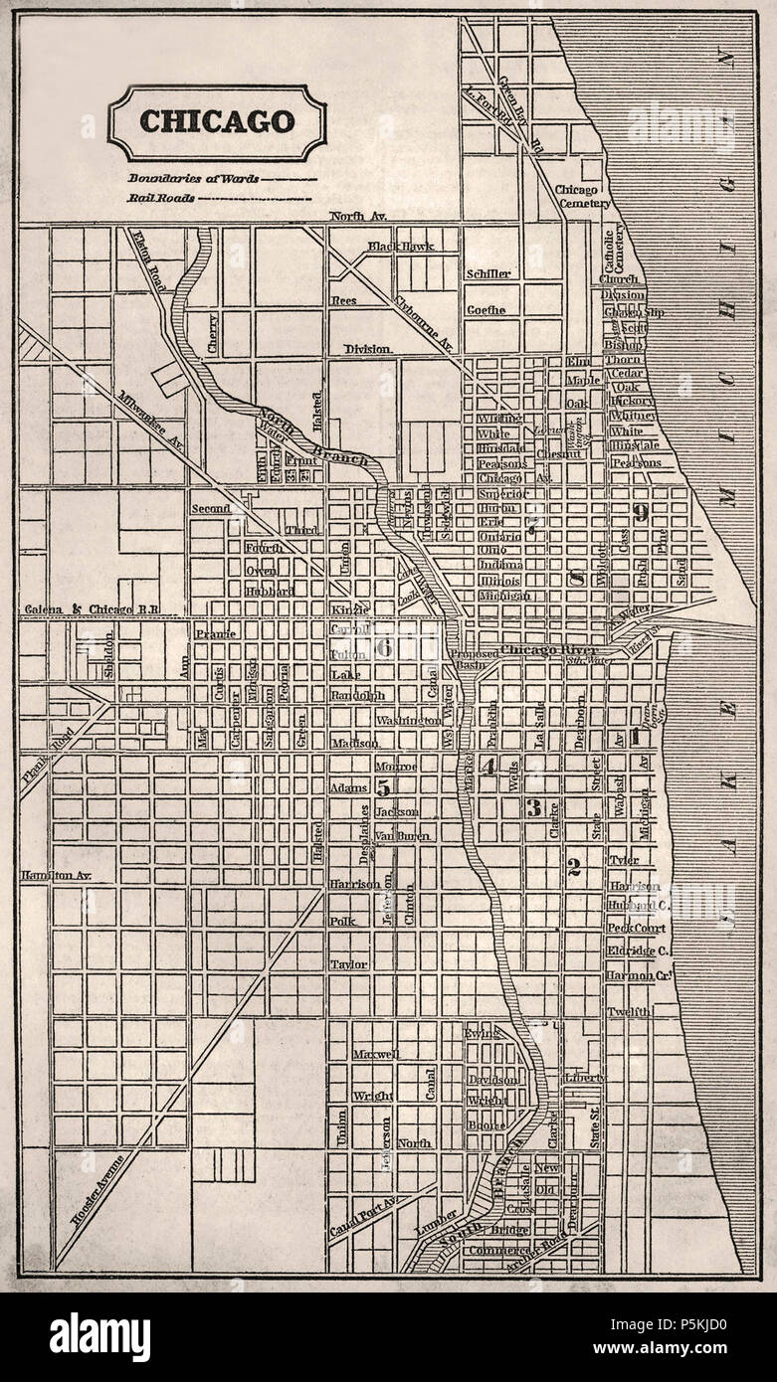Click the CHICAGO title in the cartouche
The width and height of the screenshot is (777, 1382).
point(217,121)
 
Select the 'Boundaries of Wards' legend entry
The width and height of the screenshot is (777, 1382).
point(193,179)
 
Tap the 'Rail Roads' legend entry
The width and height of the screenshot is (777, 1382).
point(159,198)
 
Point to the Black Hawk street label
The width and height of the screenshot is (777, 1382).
point(401,246)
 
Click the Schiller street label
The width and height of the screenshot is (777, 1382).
point(487,273)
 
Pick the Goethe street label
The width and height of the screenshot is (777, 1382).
point(486,309)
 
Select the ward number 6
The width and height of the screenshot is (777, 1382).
point(383,647)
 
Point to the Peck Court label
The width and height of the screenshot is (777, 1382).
point(635,928)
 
